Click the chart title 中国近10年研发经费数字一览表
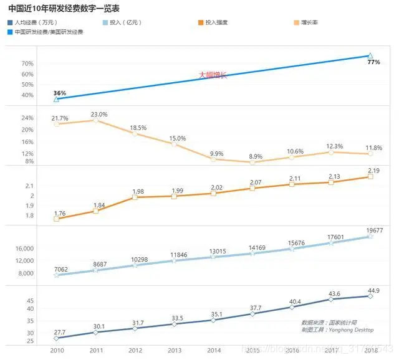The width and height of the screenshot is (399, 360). point(64,9)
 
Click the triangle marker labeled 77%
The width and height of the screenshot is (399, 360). point(371,55)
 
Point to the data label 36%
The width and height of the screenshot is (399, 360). point(60,93)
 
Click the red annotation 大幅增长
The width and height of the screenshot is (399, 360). point(213,75)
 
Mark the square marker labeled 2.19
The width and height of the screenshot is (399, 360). point(370,177)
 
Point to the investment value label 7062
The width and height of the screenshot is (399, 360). point(61,269)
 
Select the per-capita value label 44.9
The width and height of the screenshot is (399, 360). point(371,290)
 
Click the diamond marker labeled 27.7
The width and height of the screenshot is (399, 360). point(56,338)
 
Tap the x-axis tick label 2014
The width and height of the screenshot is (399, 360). point(213,351)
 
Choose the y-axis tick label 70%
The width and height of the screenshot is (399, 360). point(27,64)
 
